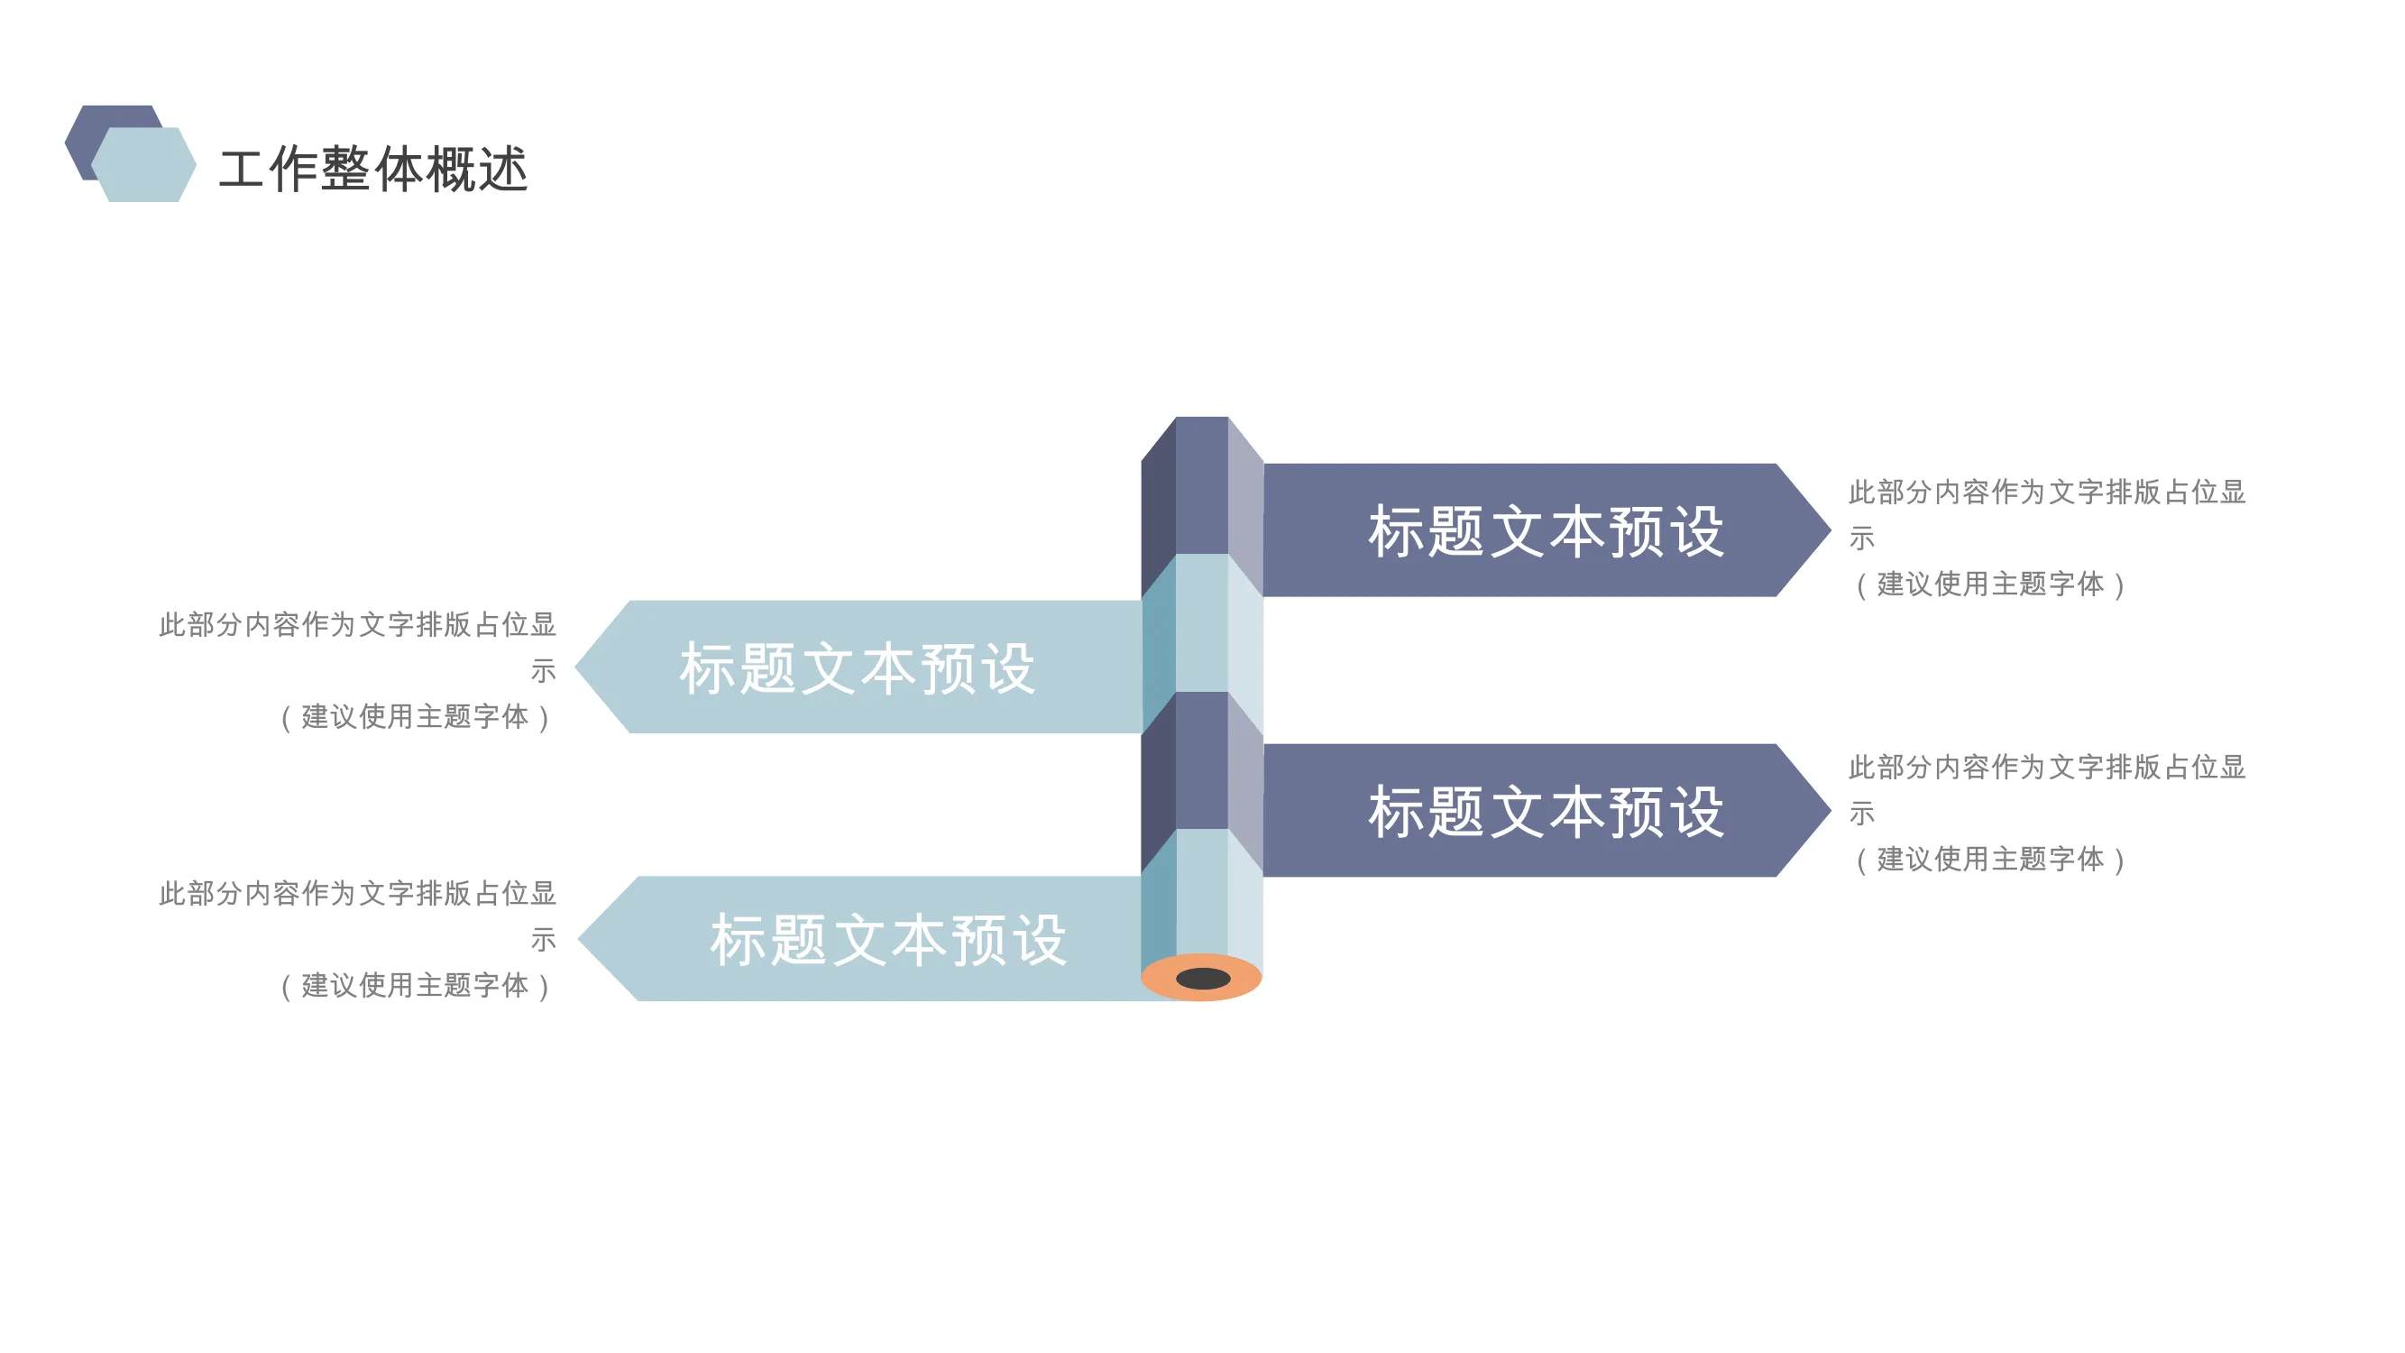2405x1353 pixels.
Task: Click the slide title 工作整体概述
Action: (x=373, y=169)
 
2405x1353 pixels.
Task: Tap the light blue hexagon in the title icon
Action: (x=143, y=164)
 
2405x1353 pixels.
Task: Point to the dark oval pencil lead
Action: (x=1204, y=979)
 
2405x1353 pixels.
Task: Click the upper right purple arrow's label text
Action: (x=1546, y=531)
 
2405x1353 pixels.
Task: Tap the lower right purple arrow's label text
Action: (x=1546, y=812)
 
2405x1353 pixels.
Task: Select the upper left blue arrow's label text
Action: (x=857, y=668)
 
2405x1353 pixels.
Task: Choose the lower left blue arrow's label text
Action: (x=888, y=939)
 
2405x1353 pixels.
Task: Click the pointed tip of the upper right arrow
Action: (x=1830, y=529)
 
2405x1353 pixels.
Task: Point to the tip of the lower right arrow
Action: (x=1830, y=811)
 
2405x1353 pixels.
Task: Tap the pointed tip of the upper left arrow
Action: (x=576, y=667)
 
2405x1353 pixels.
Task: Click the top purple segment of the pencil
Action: (x=1201, y=485)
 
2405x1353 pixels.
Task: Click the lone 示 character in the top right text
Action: (x=1861, y=538)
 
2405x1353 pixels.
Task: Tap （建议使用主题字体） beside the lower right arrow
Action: (x=1989, y=859)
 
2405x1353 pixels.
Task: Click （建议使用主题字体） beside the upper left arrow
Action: (x=416, y=717)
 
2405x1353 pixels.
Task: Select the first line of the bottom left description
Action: (x=358, y=894)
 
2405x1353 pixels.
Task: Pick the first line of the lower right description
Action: (x=2047, y=768)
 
